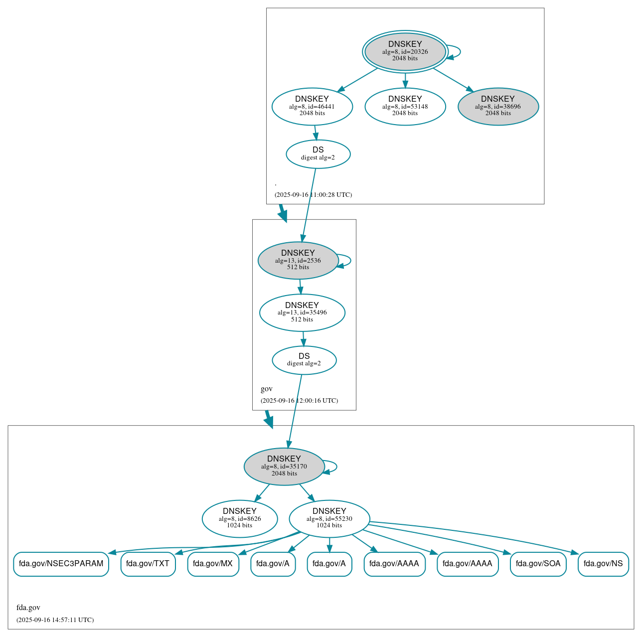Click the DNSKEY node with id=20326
point(405,51)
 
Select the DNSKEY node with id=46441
point(312,106)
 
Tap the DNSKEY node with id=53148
point(405,106)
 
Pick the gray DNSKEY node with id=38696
point(498,106)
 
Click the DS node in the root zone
point(318,154)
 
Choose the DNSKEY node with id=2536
point(298,260)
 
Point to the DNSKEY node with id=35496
point(302,313)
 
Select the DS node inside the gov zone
point(304,360)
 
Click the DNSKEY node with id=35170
point(284,466)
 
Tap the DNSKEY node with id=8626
point(240,518)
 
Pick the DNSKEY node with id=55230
point(329,518)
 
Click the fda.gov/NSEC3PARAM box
point(61,564)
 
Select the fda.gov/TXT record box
point(148,564)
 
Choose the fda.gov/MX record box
point(213,564)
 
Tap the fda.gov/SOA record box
point(538,564)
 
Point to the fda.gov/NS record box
point(603,564)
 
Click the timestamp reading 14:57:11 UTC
point(55,620)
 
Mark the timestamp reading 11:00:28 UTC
point(313,195)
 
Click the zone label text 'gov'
point(267,389)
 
